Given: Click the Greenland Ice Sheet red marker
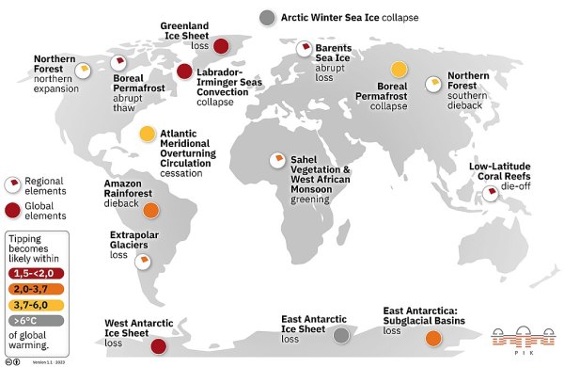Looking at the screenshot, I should (x=222, y=46).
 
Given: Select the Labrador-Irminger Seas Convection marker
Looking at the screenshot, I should (x=185, y=72).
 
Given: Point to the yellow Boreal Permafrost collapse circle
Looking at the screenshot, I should (x=399, y=70).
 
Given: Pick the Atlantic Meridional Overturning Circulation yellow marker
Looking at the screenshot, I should (x=148, y=135).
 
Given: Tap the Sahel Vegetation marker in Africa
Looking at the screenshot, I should (x=278, y=161).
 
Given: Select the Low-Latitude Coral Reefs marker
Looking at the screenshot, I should (x=488, y=196).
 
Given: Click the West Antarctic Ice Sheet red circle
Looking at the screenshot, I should (x=160, y=346).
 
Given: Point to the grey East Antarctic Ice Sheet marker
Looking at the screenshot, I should (x=342, y=336).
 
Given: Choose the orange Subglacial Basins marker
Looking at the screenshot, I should (x=433, y=339).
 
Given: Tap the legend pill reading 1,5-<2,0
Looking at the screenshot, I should (x=32, y=272).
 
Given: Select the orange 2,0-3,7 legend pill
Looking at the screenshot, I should (x=32, y=288).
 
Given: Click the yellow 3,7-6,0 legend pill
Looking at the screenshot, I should (x=32, y=304).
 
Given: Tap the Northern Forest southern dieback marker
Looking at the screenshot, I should (x=432, y=84).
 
